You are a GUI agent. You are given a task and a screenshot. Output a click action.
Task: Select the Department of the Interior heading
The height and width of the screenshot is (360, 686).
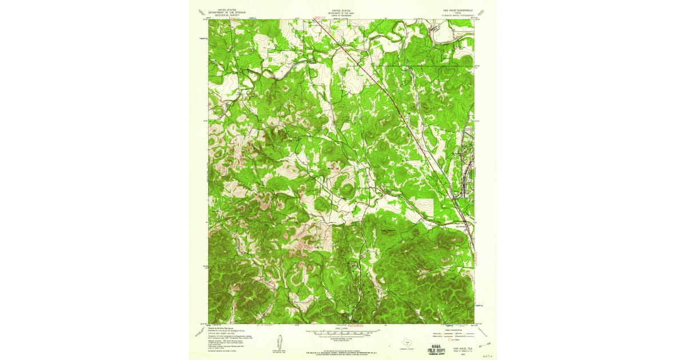coord(223,12)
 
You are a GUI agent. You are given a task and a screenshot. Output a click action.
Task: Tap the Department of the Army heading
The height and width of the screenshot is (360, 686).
coord(341,12)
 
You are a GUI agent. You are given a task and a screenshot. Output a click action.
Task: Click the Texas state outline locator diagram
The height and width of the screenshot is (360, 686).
coord(406,343)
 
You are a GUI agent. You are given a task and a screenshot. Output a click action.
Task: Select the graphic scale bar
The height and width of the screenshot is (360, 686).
coord(342,332)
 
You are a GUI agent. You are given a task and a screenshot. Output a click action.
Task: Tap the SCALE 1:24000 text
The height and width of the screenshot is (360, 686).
coord(342,328)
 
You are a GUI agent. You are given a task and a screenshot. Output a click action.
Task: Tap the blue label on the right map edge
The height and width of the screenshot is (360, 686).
coord(479,305)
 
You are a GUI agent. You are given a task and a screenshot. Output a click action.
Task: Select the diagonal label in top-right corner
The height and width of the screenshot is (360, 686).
coord(484,11)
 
